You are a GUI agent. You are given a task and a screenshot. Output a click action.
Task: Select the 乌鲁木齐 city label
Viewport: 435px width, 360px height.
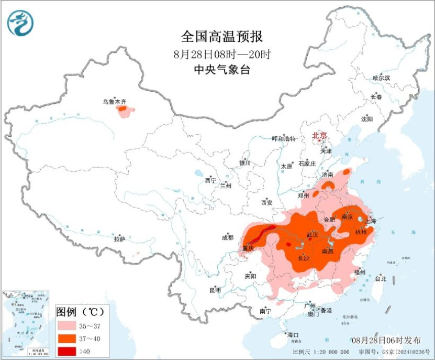[115, 101]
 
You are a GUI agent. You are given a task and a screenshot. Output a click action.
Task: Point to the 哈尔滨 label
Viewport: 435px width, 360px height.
[381, 78]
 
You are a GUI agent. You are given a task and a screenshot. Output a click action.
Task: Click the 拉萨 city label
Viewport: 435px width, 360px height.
[119, 239]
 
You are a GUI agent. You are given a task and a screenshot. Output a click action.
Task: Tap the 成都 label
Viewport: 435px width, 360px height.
[228, 237]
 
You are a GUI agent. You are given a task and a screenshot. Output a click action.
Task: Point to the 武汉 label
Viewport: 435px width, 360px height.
[313, 234]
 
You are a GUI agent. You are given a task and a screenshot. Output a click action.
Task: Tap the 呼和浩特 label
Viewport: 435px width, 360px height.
[284, 139]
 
